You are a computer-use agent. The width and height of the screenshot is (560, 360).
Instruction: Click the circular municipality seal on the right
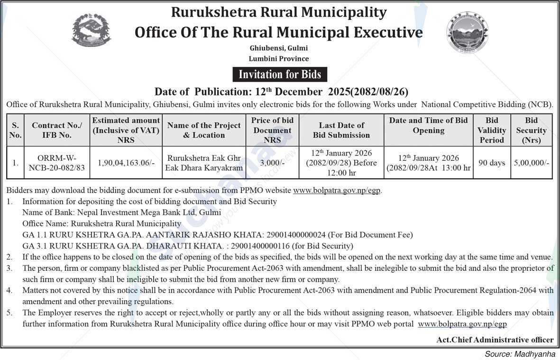pos(467,33)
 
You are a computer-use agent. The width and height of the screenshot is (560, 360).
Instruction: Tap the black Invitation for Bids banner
pos(279,74)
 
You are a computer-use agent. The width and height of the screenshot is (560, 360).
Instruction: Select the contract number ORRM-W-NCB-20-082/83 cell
pos(57,162)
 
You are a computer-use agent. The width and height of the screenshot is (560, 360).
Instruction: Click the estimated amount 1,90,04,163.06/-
pos(126,162)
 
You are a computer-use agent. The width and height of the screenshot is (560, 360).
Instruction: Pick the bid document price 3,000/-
pos(272,162)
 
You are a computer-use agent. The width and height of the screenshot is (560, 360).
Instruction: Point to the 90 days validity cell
pos(492,163)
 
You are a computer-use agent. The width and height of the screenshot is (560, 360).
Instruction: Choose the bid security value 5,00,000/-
pos(532,163)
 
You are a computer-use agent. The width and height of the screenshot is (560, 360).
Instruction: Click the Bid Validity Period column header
pos(492,130)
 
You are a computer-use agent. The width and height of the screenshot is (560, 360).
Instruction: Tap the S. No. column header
pos(16,130)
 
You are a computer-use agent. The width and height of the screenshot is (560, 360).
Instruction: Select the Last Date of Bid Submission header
pos(341,130)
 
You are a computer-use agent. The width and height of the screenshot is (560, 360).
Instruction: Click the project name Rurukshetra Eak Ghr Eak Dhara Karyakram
pos(203,162)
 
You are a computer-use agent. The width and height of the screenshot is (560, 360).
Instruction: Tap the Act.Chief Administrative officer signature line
pos(495,340)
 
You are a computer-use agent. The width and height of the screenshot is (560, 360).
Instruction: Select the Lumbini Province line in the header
pos(279,59)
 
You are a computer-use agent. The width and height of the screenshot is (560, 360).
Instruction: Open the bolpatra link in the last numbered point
pos(462,324)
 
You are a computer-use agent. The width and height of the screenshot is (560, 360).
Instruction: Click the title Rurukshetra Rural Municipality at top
pos(279,12)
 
